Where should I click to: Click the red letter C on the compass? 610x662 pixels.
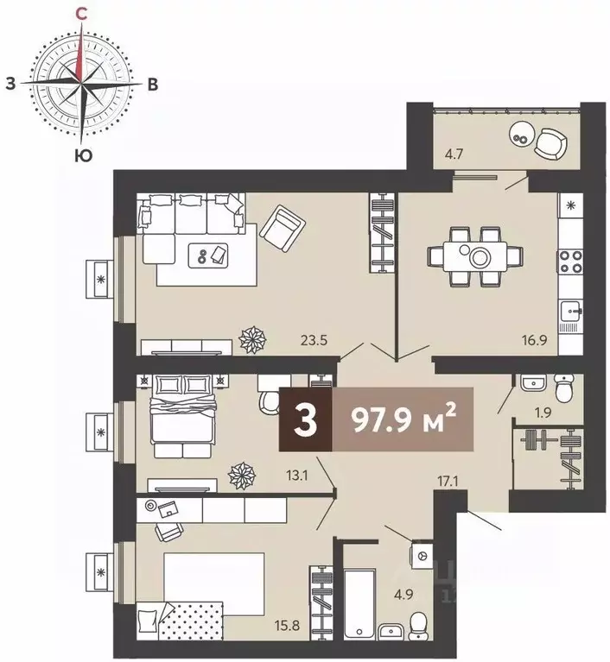[80, 13]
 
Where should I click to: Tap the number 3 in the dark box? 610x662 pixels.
[304, 420]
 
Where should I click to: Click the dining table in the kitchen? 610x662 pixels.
[474, 255]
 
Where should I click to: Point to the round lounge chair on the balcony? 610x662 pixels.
[550, 142]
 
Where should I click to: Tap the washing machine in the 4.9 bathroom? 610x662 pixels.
[421, 553]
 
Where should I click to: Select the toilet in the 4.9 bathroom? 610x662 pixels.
[418, 621]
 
